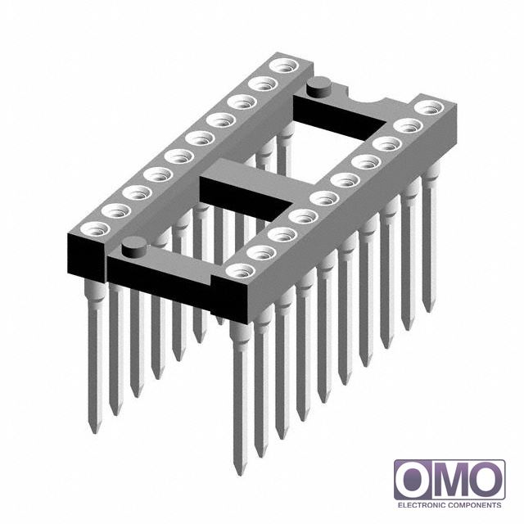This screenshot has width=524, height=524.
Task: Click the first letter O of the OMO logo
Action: pyautogui.click(x=413, y=480)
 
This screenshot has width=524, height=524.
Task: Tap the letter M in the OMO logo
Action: pyautogui.click(x=449, y=480)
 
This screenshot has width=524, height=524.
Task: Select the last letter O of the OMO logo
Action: pyautogui.click(x=486, y=480)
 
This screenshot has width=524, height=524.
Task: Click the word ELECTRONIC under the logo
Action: pyautogui.click(x=421, y=505)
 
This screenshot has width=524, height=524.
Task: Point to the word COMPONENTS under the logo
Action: pyautogui.click(x=474, y=505)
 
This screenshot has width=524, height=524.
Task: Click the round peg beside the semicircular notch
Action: pyautogui.click(x=318, y=87)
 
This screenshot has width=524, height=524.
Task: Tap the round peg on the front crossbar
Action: pyautogui.click(x=134, y=247)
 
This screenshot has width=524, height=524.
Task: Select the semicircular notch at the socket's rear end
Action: pyautogui.click(x=368, y=97)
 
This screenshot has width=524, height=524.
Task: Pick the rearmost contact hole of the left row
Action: pyautogui.click(x=284, y=65)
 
